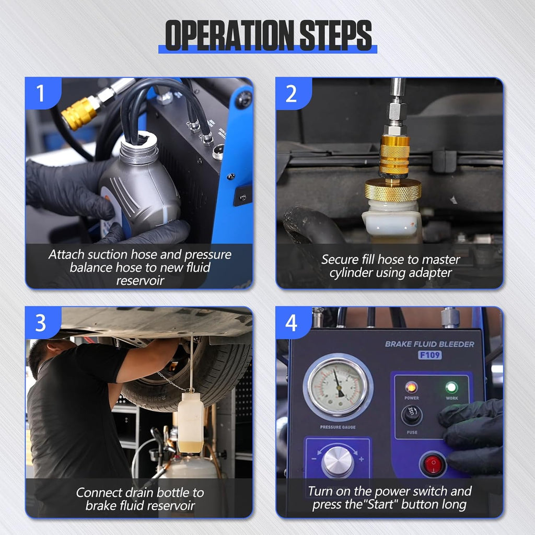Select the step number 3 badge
(x=41, y=323)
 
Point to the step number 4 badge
(x=291, y=323)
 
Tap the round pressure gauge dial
(x=338, y=387)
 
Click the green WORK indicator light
(x=451, y=387)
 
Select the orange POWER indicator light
(x=412, y=387)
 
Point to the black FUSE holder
(x=412, y=416)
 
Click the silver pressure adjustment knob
(x=338, y=462)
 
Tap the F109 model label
(x=429, y=355)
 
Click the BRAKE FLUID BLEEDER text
(x=429, y=344)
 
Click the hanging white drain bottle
(x=191, y=421)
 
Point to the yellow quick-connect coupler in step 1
(x=79, y=113)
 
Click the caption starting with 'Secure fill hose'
(x=390, y=266)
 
